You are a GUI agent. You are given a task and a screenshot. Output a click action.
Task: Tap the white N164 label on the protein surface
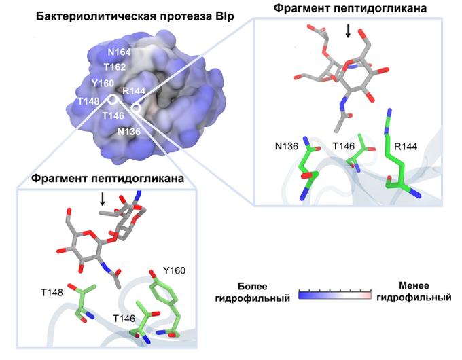(x=119, y=52)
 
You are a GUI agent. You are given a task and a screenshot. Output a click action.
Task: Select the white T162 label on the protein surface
(x=115, y=67)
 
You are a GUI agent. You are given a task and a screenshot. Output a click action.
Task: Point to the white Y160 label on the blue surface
(x=103, y=84)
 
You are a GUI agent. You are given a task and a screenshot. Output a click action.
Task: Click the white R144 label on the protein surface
(x=134, y=91)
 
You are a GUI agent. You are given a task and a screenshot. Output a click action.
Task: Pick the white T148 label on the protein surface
(x=88, y=102)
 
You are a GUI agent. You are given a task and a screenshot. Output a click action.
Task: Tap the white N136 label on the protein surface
(x=129, y=132)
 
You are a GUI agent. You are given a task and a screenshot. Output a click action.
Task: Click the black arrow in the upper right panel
(x=348, y=31)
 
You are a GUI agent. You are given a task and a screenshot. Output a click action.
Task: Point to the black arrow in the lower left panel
(x=102, y=199)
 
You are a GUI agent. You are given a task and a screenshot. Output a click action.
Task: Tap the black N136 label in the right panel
(x=287, y=146)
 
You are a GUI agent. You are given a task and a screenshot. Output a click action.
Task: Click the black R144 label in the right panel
(x=406, y=147)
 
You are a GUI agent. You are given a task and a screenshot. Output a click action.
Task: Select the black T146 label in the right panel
(x=344, y=146)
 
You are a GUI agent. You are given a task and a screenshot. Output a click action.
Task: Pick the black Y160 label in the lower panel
(x=175, y=270)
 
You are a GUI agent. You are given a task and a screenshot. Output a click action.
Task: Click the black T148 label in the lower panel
(x=52, y=293)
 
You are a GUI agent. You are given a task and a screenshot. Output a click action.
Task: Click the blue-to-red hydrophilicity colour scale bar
(x=335, y=295)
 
